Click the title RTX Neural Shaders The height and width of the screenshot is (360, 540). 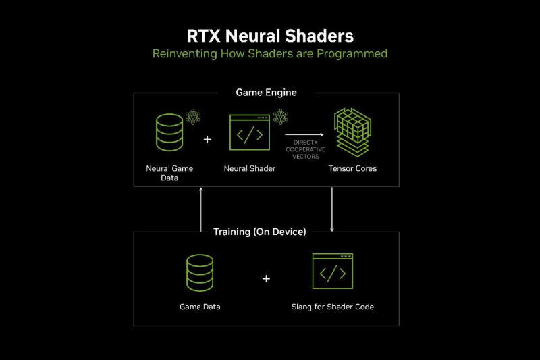click(270, 35)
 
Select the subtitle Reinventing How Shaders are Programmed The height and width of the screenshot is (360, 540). click(270, 53)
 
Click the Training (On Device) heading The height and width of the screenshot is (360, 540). click(260, 232)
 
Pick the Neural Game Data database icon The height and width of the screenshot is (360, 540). click(169, 132)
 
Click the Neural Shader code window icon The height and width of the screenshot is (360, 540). click(249, 132)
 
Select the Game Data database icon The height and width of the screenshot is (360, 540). click(200, 273)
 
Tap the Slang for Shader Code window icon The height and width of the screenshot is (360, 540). click(332, 272)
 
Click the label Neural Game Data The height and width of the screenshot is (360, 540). click(169, 173)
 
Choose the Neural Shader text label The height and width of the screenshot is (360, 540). click(249, 168)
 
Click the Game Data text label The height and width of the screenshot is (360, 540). click(200, 307)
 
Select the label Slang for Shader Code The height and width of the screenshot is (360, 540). click(333, 307)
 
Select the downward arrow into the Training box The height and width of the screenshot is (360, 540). click(333, 209)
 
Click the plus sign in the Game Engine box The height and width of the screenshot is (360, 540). click(207, 140)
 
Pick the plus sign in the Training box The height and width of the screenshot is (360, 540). click(266, 278)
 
